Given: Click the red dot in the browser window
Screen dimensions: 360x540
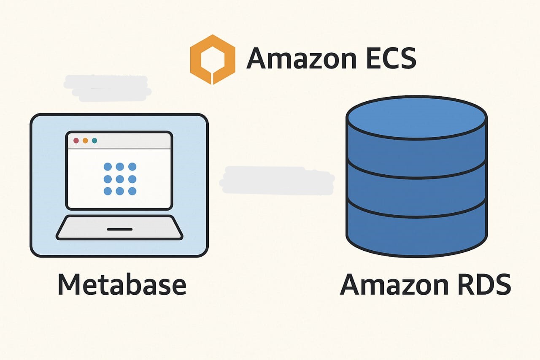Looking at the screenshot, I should click(x=76, y=141).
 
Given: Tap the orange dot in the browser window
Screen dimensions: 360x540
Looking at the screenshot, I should click(x=85, y=141).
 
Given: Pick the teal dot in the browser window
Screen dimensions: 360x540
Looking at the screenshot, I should click(x=94, y=141).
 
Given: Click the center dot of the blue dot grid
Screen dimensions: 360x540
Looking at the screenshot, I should click(x=120, y=179).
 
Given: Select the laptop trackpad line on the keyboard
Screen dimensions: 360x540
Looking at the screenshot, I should click(x=120, y=230).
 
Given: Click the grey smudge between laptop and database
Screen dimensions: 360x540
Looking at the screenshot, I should click(x=277, y=181).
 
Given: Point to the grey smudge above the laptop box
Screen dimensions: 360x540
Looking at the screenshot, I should click(x=107, y=89).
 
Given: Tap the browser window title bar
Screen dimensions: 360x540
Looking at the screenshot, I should click(x=127, y=141).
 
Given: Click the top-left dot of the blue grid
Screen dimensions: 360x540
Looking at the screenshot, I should click(x=108, y=166).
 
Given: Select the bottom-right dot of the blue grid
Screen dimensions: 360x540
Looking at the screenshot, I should click(x=132, y=191).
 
